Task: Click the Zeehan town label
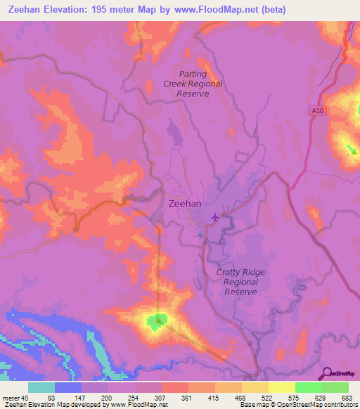coord(186,203)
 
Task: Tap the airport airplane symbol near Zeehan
coord(214,216)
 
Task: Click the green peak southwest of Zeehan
coord(156,322)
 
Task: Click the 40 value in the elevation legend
coord(26,398)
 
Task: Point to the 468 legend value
coord(241,398)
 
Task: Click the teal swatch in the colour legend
coord(41,387)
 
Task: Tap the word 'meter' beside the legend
coord(11,398)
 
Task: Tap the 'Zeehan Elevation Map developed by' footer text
coord(53,405)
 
